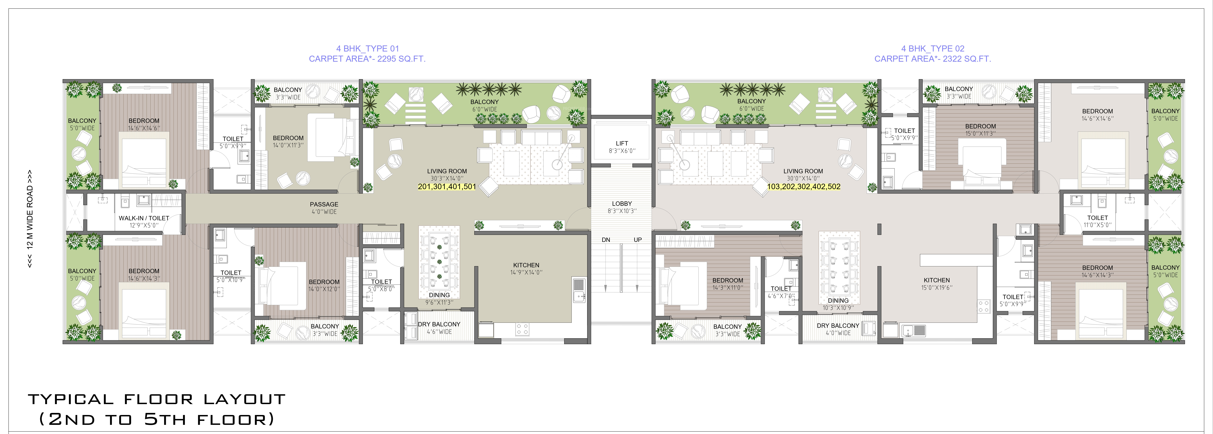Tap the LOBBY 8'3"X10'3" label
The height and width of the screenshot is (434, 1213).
[x=622, y=207]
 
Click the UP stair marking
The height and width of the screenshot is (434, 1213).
[x=638, y=240]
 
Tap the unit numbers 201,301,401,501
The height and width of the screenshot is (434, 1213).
[x=447, y=186]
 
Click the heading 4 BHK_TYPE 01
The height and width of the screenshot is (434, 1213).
[x=367, y=49]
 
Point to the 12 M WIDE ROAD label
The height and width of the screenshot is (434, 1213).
[x=30, y=219]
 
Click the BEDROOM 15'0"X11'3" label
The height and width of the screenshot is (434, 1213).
[x=980, y=130]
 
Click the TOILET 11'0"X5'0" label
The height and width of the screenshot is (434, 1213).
[x=1097, y=221]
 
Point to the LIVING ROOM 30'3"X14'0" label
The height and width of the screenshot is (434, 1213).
[x=447, y=175]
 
